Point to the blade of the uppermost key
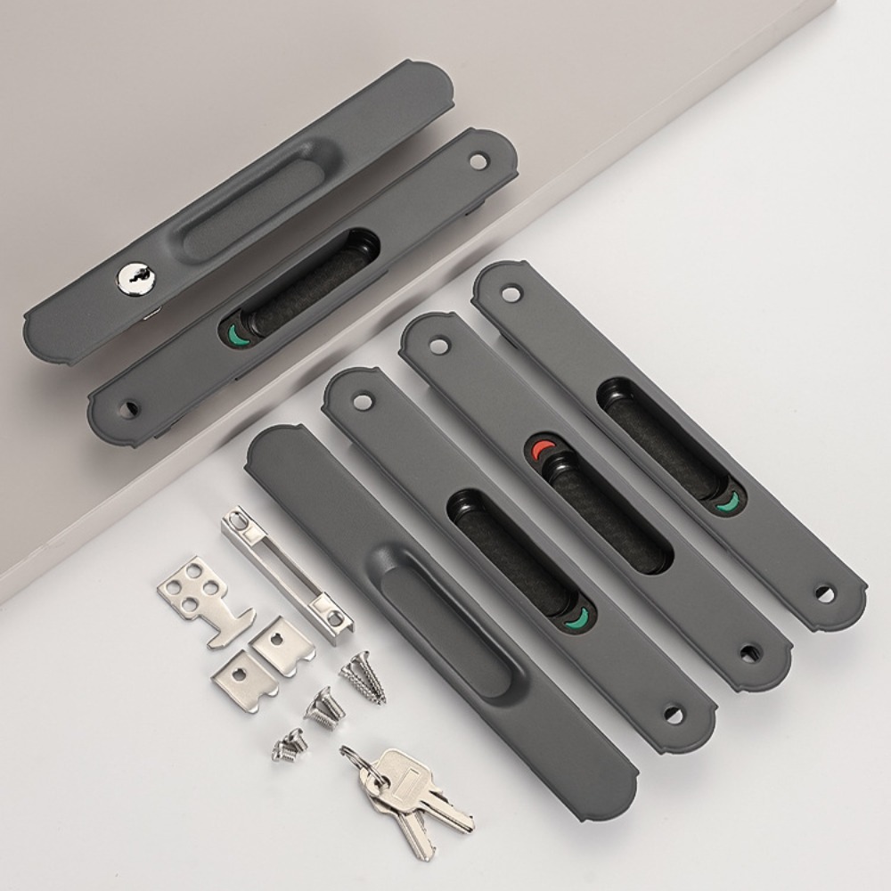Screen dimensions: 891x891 (447, 812)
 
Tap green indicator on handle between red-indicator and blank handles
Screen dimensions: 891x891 (581, 617)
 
